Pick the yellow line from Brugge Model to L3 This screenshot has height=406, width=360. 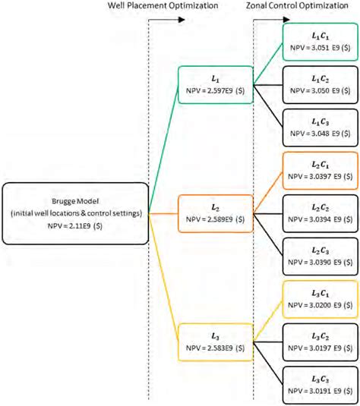[163, 277]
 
